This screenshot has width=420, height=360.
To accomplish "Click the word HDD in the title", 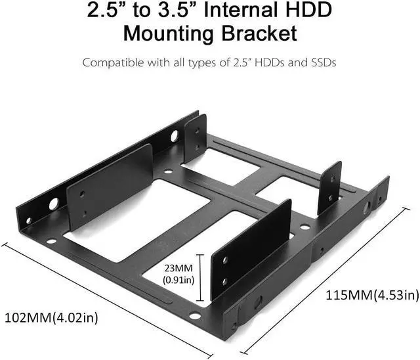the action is pyautogui.click(x=306, y=11).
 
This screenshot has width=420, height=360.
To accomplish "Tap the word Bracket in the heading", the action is pyautogui.click(x=259, y=34).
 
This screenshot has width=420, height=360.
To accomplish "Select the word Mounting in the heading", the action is pyautogui.click(x=168, y=34).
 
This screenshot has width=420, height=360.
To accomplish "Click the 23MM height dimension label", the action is pyautogui.click(x=178, y=268).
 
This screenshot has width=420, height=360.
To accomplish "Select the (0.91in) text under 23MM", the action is pyautogui.click(x=178, y=280).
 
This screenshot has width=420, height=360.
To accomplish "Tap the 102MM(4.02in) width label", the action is pyautogui.click(x=51, y=318).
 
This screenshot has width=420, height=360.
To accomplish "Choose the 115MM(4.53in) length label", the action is pyautogui.click(x=372, y=295).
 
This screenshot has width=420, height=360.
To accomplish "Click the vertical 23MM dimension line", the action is pyautogui.click(x=199, y=278).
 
